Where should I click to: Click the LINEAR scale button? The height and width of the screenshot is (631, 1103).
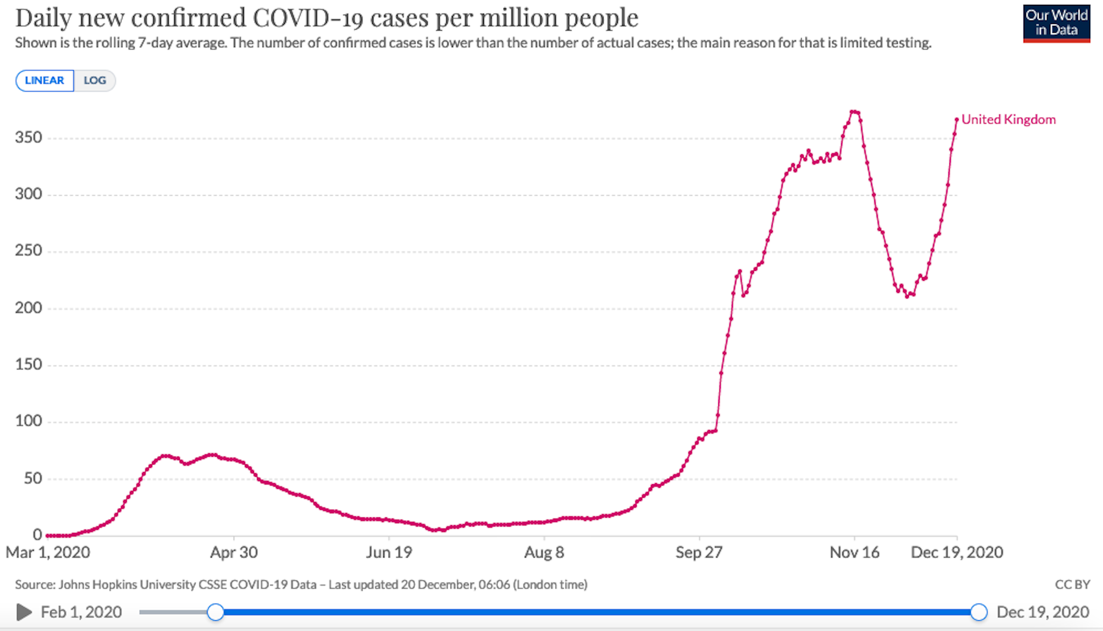[44, 81]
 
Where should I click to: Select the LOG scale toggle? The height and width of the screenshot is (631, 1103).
[95, 81]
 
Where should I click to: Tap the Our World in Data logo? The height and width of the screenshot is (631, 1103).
[1056, 23]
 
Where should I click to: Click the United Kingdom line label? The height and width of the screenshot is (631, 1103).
[1008, 120]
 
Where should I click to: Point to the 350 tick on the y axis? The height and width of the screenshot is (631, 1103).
[28, 138]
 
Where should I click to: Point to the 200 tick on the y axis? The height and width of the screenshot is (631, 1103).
[28, 308]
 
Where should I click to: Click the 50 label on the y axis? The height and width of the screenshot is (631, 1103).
[33, 478]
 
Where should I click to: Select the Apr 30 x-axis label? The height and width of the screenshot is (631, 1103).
[234, 552]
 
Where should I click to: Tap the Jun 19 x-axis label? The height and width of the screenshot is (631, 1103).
[389, 552]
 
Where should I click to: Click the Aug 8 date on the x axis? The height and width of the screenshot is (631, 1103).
[544, 552]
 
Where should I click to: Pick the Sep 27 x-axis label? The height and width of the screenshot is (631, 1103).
[699, 552]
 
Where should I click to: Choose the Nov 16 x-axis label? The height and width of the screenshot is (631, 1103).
[854, 552]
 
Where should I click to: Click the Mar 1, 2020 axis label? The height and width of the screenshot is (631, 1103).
[48, 552]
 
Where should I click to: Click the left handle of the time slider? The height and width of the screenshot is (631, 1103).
[215, 612]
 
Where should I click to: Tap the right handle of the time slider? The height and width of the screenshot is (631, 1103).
[978, 612]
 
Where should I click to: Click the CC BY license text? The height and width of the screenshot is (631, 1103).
[1072, 585]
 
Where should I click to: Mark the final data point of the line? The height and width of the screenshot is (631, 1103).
[957, 120]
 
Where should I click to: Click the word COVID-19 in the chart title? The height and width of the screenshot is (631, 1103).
[308, 18]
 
